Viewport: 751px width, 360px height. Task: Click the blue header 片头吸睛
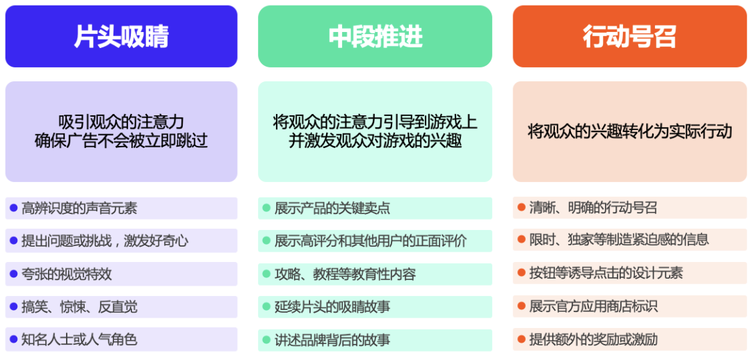pyautogui.click(x=121, y=37)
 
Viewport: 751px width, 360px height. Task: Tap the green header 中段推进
pyautogui.click(x=375, y=37)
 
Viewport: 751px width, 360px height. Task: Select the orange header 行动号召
pyautogui.click(x=629, y=37)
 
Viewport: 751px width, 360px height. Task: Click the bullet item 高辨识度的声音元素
pyautogui.click(x=79, y=208)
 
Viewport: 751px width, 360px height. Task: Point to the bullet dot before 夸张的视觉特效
pyautogui.click(x=13, y=274)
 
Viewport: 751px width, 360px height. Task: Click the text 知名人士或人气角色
pyautogui.click(x=79, y=339)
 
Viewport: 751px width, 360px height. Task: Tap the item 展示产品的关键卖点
pyautogui.click(x=332, y=208)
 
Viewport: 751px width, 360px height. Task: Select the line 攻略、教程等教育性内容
pyautogui.click(x=345, y=274)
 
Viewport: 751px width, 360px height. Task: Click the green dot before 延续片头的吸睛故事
pyautogui.click(x=266, y=306)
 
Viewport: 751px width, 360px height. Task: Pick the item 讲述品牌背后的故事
pyautogui.click(x=332, y=340)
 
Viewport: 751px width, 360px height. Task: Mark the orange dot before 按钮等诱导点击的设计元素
pyautogui.click(x=521, y=272)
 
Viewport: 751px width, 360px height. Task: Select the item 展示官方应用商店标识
pyautogui.click(x=592, y=306)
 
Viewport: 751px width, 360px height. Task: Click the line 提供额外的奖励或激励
pyautogui.click(x=592, y=339)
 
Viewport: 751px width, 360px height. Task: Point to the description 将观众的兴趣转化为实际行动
pyautogui.click(x=629, y=131)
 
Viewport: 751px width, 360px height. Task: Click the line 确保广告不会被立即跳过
pyautogui.click(x=121, y=142)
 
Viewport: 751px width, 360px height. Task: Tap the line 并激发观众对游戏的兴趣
pyautogui.click(x=375, y=142)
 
